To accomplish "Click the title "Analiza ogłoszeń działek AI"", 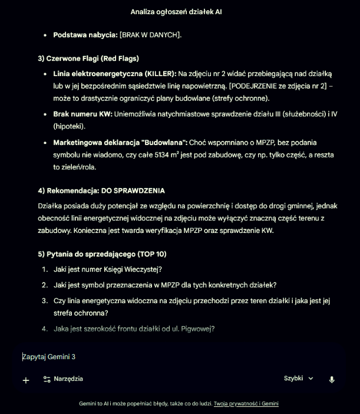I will tap(176, 11).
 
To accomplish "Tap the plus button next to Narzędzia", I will tap(26, 380).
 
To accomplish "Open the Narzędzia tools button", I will tap(63, 379).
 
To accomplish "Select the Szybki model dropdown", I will tap(299, 379).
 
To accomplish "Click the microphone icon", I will tap(332, 380).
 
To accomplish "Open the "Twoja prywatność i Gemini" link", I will tap(246, 404).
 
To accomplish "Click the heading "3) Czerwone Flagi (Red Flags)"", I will tap(88, 58).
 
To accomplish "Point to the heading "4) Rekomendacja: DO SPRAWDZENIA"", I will tap(101, 190).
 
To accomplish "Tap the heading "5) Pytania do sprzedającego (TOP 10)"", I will tap(102, 254).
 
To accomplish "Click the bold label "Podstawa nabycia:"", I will tap(85, 35).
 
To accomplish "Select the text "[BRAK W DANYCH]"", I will tap(150, 35).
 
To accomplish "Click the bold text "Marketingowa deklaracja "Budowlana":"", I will tap(120, 143).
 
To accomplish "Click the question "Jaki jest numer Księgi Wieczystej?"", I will tap(107, 270).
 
